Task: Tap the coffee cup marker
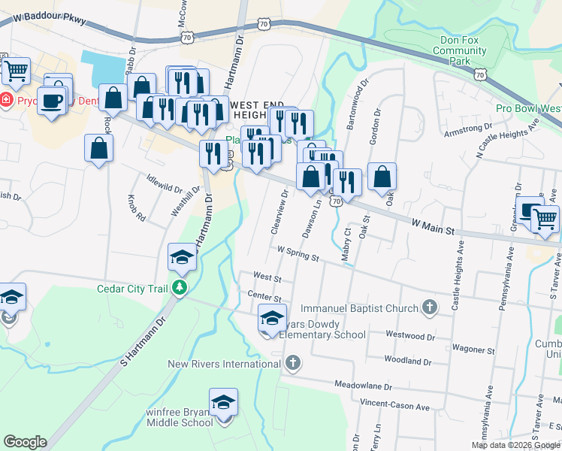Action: pyautogui.click(x=51, y=100)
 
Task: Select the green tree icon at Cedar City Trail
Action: pyautogui.click(x=179, y=287)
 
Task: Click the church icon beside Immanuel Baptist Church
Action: pyautogui.click(x=430, y=307)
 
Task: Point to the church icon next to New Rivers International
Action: pyautogui.click(x=292, y=364)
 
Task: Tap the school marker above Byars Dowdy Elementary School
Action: pyautogui.click(x=272, y=319)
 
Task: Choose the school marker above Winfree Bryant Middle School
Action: pyautogui.click(x=223, y=403)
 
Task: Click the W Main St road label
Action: pyautogui.click(x=434, y=224)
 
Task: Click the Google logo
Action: pyautogui.click(x=25, y=442)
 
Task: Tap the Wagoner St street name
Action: pyautogui.click(x=473, y=350)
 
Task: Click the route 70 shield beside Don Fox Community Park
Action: pyautogui.click(x=479, y=74)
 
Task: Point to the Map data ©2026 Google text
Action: pyautogui.click(x=515, y=445)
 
